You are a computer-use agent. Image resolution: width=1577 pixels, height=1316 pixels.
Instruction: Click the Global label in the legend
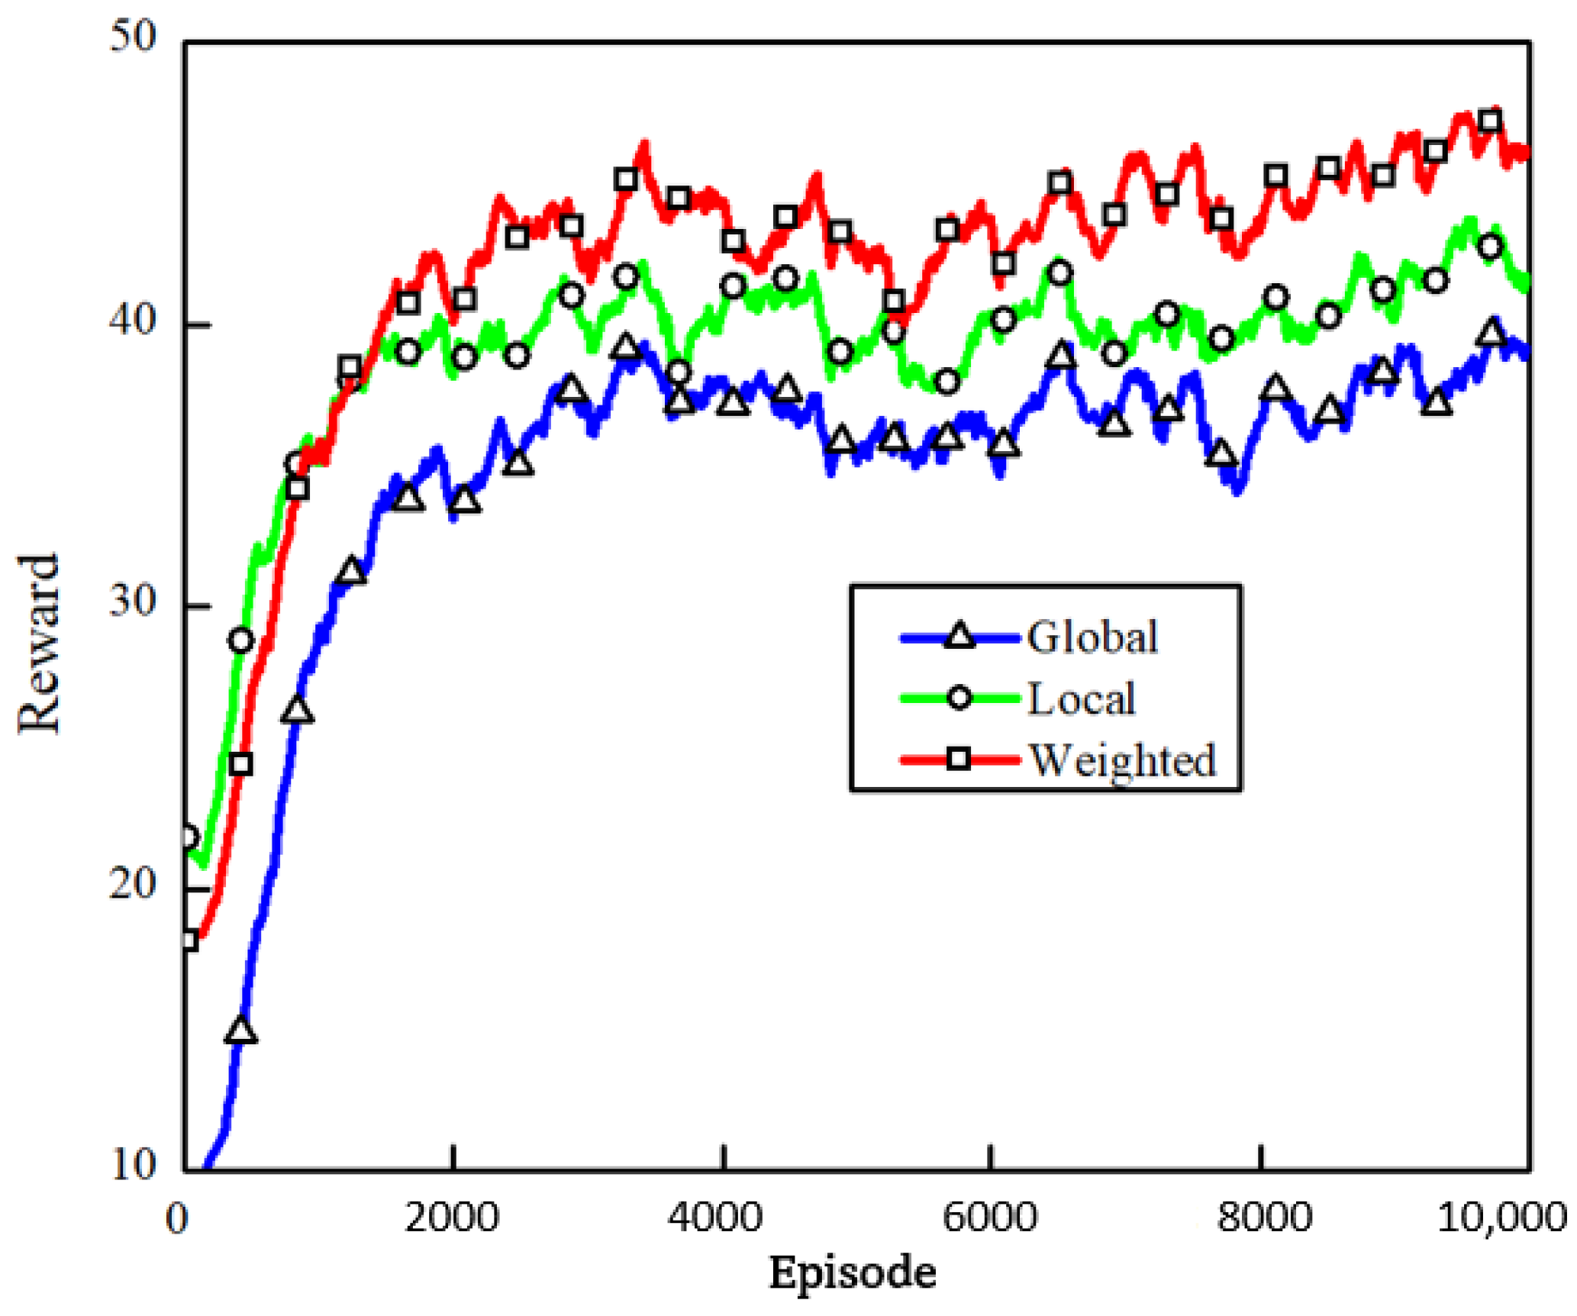[1092, 637]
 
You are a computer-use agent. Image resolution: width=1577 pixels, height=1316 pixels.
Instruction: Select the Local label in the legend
[1081, 698]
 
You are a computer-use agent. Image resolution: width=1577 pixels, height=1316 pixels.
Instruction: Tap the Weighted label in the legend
[1122, 760]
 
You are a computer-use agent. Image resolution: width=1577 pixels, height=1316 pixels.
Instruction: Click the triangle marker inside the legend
[959, 637]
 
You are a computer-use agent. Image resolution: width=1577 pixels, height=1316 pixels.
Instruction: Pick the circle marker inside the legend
[959, 698]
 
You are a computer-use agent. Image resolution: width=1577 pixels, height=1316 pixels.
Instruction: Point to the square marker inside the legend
[959, 759]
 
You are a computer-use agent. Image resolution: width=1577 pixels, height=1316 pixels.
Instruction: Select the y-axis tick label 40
[133, 321]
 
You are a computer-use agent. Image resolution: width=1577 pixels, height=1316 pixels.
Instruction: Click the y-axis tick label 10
[133, 1165]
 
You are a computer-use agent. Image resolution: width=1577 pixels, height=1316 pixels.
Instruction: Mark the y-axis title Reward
[38, 645]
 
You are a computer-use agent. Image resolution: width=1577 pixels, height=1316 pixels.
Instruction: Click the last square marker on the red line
[1490, 121]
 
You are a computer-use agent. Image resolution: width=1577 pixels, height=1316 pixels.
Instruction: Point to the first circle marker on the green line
[188, 838]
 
